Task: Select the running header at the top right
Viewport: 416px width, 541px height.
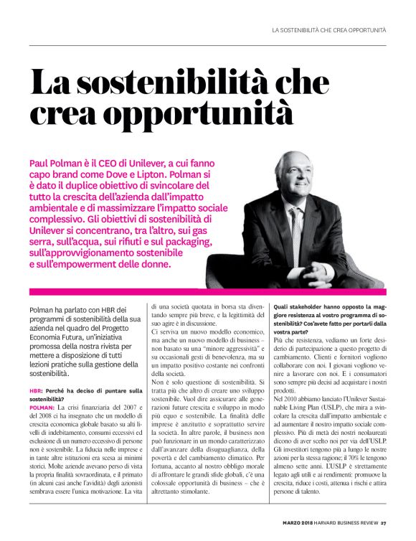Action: [x=329, y=29]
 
